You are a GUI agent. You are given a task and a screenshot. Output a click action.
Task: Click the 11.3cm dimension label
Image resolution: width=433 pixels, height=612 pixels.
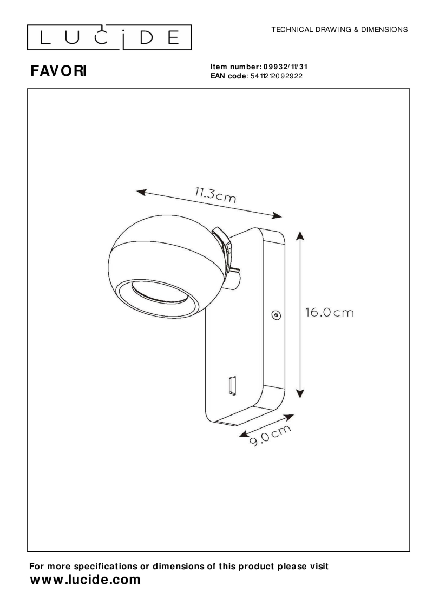(215, 194)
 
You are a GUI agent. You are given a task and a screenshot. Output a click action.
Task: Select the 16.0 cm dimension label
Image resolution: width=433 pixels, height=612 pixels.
(329, 313)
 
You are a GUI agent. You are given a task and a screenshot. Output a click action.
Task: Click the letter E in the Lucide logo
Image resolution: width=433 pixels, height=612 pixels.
(174, 37)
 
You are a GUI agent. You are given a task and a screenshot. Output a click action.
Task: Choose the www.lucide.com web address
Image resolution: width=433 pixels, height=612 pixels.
(84, 580)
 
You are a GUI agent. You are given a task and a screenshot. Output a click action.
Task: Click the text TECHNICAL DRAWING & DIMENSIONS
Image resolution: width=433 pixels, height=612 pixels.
(339, 29)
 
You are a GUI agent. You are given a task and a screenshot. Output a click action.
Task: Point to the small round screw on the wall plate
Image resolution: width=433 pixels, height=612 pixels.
(275, 314)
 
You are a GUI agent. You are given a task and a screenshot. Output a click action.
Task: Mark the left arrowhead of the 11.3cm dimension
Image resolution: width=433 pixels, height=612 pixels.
(141, 192)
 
